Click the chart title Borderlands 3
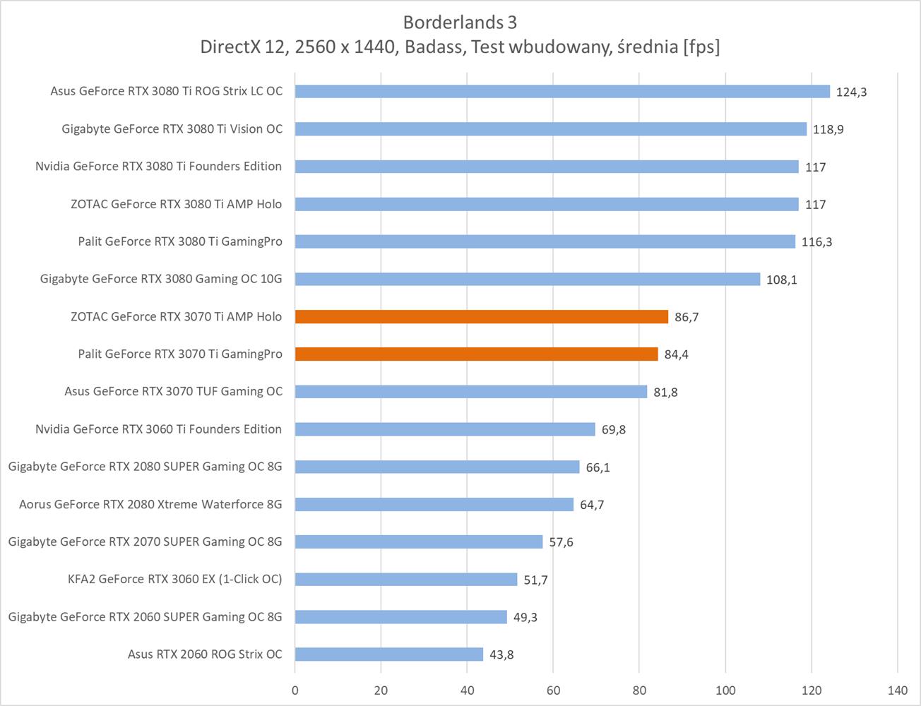[x=460, y=23]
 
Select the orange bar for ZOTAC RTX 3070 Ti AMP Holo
[x=481, y=317]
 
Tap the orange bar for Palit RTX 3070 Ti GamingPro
[x=476, y=354]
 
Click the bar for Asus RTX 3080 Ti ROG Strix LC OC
[x=562, y=92]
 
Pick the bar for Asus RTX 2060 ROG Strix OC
[x=388, y=654]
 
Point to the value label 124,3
[x=851, y=92]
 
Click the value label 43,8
[x=501, y=655]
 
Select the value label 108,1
[x=781, y=280]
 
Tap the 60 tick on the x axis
[x=553, y=690]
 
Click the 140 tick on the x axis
[x=897, y=690]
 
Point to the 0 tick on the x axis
[x=295, y=690]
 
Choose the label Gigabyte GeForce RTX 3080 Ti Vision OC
[x=172, y=129]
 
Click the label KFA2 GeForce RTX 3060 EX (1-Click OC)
[x=174, y=580]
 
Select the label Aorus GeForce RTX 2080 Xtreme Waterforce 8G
[x=150, y=505]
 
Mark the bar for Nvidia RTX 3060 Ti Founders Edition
[x=445, y=429]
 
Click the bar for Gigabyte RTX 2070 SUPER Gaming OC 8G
[x=419, y=542]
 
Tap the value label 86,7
[x=687, y=318]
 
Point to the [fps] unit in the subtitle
[x=701, y=47]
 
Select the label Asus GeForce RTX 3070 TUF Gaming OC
[x=173, y=392]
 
